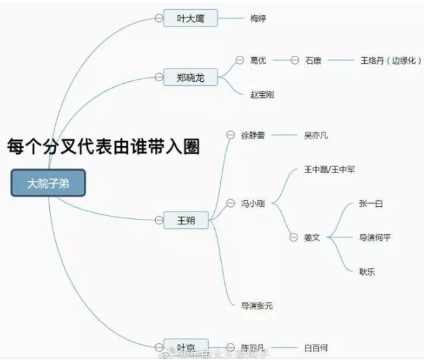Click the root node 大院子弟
(x=48, y=183)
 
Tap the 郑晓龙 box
(x=190, y=78)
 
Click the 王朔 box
(x=186, y=219)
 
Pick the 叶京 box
(x=186, y=347)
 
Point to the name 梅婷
(x=258, y=19)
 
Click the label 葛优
(x=258, y=61)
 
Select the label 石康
(x=313, y=61)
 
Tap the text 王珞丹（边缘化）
(x=391, y=61)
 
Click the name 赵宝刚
(x=262, y=94)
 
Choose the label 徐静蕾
(x=253, y=135)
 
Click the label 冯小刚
(x=253, y=204)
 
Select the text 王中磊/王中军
(x=329, y=170)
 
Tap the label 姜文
(x=312, y=237)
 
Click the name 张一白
(x=371, y=204)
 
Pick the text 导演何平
(x=375, y=237)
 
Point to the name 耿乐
(x=367, y=271)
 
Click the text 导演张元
(x=257, y=305)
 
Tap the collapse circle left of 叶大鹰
(x=158, y=19)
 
